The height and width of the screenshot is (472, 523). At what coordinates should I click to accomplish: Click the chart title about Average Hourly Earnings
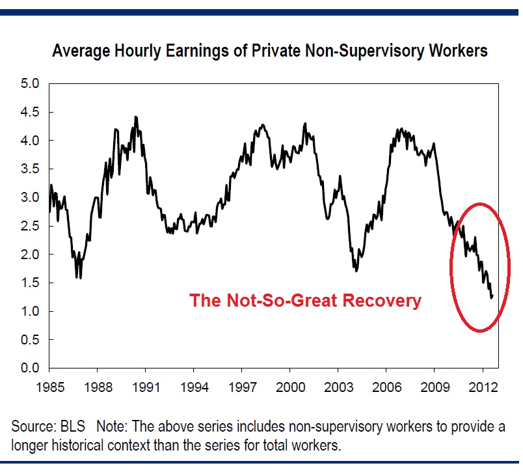click(x=269, y=51)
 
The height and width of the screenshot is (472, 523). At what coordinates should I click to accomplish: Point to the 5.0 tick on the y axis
click(x=30, y=83)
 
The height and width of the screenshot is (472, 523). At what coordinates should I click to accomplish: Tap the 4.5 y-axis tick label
click(x=30, y=112)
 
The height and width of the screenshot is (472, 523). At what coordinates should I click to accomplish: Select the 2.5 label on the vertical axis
click(x=30, y=226)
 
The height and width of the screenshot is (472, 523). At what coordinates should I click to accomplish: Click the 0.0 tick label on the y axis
click(x=30, y=368)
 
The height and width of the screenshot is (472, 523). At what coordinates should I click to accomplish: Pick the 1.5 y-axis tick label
click(x=30, y=283)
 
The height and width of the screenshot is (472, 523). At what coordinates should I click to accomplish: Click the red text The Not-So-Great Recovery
click(x=305, y=301)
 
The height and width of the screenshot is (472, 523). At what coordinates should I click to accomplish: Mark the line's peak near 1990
click(x=135, y=117)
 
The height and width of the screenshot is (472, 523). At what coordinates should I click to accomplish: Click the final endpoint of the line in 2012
click(x=493, y=296)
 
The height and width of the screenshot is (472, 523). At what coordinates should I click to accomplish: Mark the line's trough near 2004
click(x=356, y=271)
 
